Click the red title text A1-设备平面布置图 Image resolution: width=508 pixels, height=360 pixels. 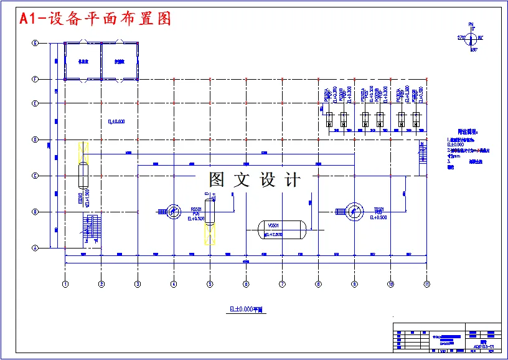pos(95,19)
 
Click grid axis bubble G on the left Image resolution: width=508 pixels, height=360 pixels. pos(35,43)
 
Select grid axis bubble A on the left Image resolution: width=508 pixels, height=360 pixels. pos(35,248)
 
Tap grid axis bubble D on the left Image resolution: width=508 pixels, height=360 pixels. pos(35,140)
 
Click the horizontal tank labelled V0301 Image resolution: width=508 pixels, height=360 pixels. pos(281,229)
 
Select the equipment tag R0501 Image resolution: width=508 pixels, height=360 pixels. pos(195,210)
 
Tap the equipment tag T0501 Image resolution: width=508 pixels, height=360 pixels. pos(378,209)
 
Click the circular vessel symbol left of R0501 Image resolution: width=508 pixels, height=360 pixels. pos(174,212)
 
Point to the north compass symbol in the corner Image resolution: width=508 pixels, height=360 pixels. pos(471,38)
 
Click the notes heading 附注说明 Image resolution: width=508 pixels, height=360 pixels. pos(466,132)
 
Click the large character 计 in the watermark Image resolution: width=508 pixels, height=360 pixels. pos(291,180)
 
